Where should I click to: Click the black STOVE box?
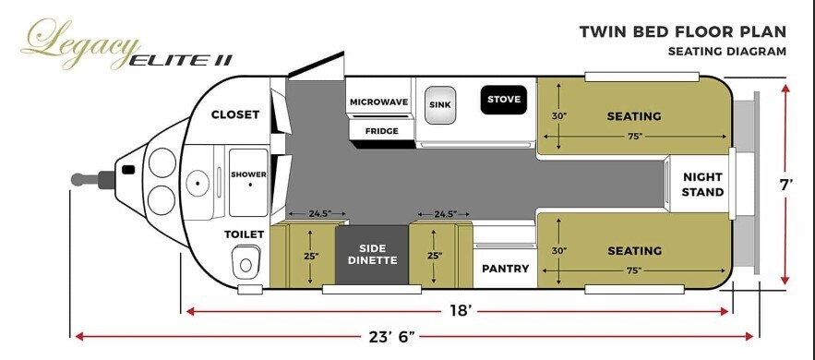(x=503, y=99)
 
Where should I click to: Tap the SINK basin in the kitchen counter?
(x=440, y=105)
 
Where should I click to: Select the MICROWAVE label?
(x=378, y=102)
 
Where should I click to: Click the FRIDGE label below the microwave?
(x=381, y=131)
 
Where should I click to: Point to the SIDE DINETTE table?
(x=372, y=255)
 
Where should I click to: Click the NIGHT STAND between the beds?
(x=702, y=185)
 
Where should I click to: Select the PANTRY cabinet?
(x=505, y=269)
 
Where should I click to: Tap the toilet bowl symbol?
(x=245, y=263)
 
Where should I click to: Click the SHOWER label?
(x=248, y=174)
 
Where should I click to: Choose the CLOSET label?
(x=235, y=114)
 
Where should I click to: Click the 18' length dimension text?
(x=461, y=311)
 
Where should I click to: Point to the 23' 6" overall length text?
(x=392, y=336)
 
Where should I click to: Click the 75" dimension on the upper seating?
(x=634, y=136)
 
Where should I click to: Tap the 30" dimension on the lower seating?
(x=558, y=250)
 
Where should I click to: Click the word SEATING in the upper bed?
(x=634, y=116)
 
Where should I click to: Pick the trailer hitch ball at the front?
(x=78, y=179)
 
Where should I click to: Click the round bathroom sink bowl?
(x=198, y=182)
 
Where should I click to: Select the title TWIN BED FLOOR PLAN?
(x=683, y=31)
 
